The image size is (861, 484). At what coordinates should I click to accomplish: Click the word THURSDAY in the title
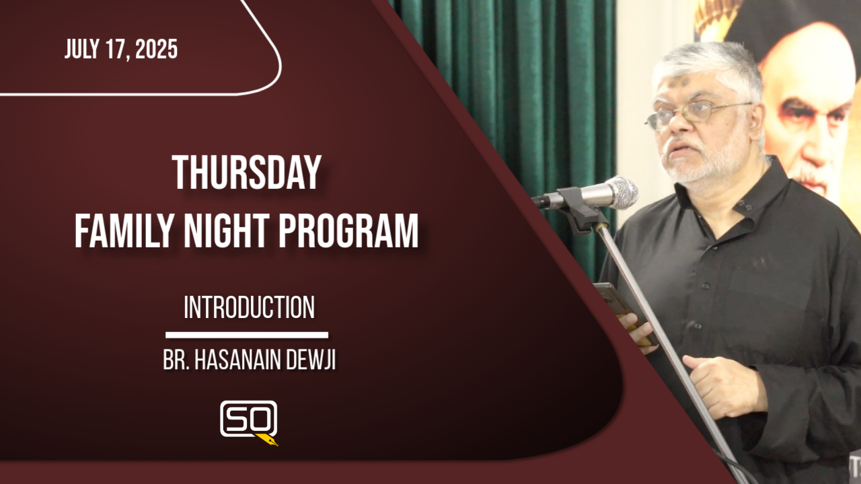click(246, 173)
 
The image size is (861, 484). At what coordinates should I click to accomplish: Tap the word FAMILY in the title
click(125, 231)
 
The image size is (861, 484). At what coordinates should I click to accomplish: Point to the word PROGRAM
click(348, 231)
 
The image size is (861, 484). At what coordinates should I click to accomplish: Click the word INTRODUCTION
click(249, 307)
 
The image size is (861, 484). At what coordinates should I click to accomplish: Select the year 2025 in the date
click(157, 49)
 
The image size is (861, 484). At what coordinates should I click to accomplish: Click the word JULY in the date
click(81, 49)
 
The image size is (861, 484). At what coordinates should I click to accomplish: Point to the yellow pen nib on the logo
click(267, 440)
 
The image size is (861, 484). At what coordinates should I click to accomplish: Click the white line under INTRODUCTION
click(247, 335)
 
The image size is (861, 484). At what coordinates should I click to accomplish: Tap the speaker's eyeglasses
click(696, 114)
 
